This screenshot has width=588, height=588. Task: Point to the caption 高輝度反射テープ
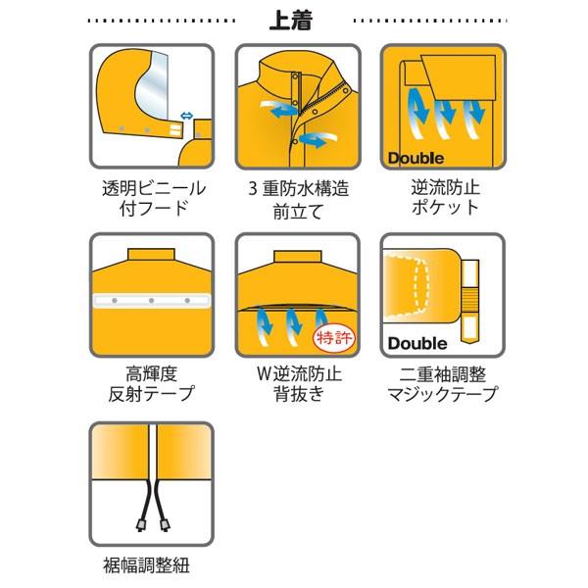pyautogui.click(x=152, y=384)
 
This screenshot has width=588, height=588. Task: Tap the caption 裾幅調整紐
pyautogui.click(x=151, y=563)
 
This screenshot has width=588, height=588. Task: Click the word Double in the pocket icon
pyautogui.click(x=416, y=157)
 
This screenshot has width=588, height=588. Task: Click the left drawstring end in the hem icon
pyautogui.click(x=140, y=523)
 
